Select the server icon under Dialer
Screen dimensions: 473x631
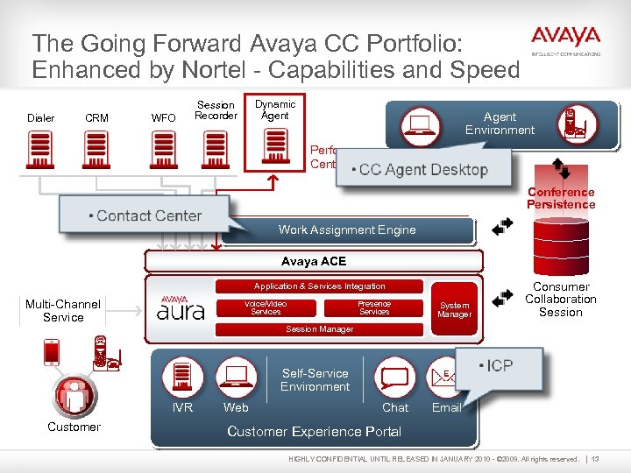click(x=40, y=152)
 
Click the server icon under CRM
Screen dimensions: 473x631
click(x=96, y=152)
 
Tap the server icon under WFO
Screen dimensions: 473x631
click(x=163, y=152)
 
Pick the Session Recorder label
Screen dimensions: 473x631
click(x=216, y=110)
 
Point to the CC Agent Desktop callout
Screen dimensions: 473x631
click(x=423, y=169)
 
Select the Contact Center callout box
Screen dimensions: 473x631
click(x=145, y=215)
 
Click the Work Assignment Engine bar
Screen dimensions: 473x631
click(x=347, y=229)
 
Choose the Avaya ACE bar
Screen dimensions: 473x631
click(x=314, y=261)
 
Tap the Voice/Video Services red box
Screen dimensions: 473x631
click(x=266, y=308)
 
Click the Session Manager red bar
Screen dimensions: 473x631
click(x=320, y=329)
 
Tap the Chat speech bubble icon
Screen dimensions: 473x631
click(x=394, y=378)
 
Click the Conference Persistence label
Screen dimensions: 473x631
click(x=561, y=198)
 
